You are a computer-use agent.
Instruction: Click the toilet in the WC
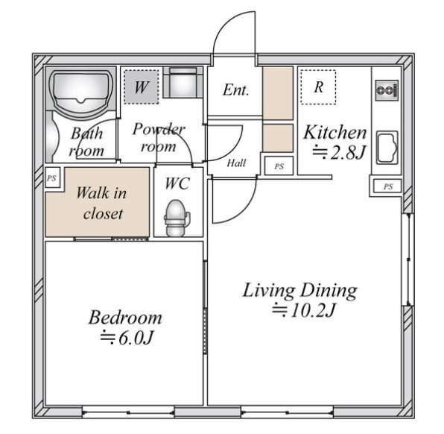point(176,218)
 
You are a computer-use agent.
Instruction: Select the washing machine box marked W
point(141,87)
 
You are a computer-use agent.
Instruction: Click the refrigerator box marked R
point(318,87)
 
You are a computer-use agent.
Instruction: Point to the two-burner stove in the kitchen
point(387,90)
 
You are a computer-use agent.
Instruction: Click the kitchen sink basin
point(387,148)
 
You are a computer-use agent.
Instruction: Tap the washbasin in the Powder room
point(183,83)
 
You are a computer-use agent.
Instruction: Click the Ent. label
point(235,90)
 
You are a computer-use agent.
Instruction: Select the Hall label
point(236,163)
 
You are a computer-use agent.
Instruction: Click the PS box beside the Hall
point(279,166)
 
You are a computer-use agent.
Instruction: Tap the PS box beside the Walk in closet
point(52,178)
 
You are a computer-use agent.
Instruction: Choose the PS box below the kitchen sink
point(387,186)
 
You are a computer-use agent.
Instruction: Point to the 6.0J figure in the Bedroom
point(127,337)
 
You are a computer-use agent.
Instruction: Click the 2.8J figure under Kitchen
point(339,152)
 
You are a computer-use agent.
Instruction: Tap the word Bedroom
point(125,318)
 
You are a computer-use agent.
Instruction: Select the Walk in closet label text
point(101,203)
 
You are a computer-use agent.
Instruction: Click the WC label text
point(177,183)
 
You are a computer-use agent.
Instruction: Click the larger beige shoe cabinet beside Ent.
point(278,93)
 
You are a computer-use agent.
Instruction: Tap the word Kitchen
point(335,132)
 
